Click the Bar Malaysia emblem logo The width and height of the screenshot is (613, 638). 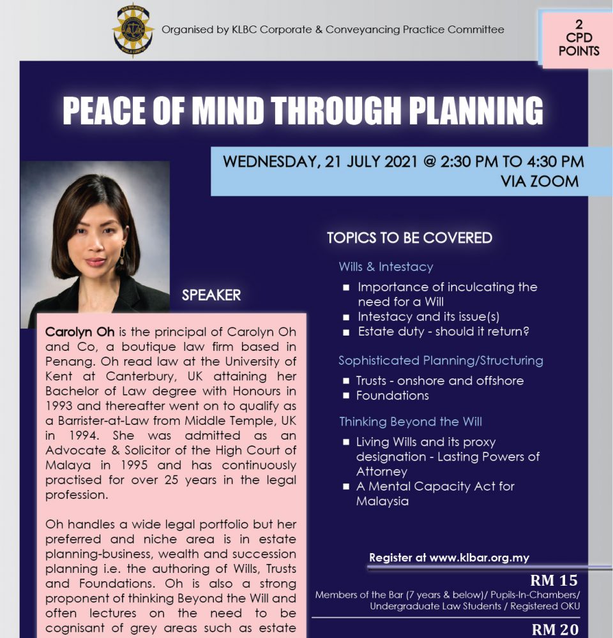click(133, 29)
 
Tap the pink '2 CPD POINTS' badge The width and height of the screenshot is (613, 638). click(579, 38)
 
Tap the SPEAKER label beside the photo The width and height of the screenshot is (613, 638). click(211, 295)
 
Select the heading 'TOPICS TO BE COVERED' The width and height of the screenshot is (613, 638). click(409, 238)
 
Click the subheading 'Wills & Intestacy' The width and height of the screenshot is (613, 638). click(386, 267)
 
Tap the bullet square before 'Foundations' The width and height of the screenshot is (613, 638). click(345, 396)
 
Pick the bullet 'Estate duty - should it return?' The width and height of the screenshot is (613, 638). click(444, 332)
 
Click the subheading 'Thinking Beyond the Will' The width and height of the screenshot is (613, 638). click(410, 421)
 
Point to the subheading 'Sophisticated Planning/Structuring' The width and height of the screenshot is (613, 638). click(441, 360)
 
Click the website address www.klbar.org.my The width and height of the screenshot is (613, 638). click(480, 558)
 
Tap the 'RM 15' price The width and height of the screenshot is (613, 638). click(554, 581)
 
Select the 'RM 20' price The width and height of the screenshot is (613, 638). click(554, 630)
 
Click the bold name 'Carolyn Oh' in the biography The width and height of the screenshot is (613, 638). click(75, 333)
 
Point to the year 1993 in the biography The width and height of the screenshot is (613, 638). click(59, 406)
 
